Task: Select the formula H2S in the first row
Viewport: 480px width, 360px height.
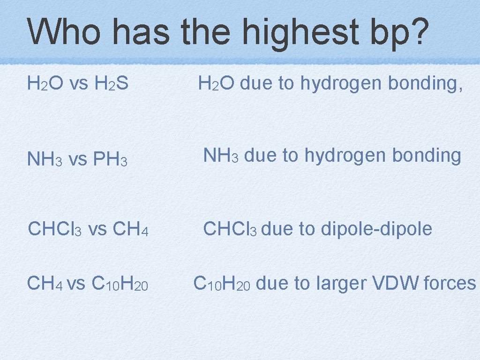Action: (112, 84)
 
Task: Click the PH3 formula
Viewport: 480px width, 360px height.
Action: (111, 160)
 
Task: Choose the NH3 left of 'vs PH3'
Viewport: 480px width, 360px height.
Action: (45, 160)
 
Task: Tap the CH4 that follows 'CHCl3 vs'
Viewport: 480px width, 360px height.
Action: (131, 230)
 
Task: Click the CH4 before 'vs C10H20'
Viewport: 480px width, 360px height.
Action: (45, 283)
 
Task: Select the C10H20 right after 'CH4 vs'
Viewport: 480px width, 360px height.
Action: (120, 283)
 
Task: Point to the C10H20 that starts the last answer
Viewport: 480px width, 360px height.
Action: (222, 283)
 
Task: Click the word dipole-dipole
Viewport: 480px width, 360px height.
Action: (376, 229)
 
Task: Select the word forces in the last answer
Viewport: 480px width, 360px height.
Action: (450, 283)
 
